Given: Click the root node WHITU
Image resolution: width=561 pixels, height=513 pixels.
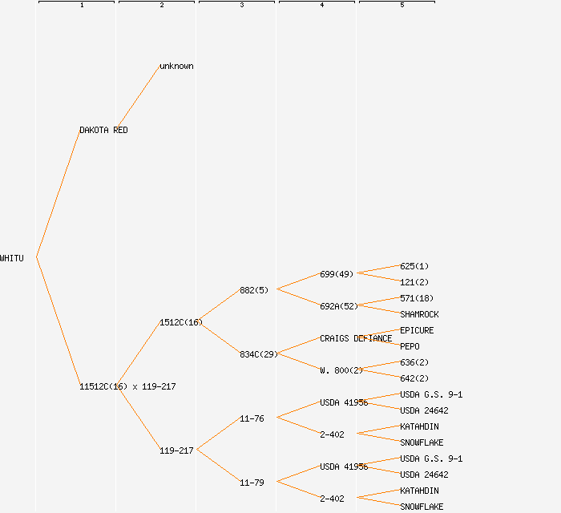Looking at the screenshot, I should (12, 258).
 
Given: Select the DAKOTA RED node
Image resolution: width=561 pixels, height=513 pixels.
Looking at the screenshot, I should (103, 130).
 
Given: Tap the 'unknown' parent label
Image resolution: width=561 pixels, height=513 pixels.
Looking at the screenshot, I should (176, 66).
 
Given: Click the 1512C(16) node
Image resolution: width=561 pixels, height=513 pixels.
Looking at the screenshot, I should (180, 322).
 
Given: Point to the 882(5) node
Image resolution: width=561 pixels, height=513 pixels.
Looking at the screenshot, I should (254, 290).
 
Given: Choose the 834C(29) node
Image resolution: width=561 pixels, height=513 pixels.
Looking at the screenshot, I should (258, 354).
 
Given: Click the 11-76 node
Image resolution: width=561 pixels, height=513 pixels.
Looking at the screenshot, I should (252, 418).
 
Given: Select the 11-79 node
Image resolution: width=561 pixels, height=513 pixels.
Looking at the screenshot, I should (252, 483).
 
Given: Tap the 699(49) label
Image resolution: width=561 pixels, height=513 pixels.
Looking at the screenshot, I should (337, 274).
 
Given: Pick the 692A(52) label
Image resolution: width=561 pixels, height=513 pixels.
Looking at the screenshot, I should (339, 306).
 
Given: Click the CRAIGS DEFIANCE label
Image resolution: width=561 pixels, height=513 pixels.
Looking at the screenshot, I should (356, 338).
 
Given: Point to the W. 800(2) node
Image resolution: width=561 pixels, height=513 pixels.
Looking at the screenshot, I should (341, 370).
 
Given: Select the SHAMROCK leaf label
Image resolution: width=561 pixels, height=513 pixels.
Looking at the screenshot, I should (419, 314).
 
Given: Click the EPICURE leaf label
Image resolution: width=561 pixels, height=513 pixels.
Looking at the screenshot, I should (417, 330).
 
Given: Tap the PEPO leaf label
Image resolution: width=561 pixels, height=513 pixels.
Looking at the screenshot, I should (410, 346).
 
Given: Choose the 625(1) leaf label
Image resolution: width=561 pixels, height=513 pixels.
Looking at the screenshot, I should (414, 266).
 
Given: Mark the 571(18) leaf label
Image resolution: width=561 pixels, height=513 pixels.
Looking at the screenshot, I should (417, 298).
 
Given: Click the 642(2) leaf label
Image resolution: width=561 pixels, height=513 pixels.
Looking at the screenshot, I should (414, 378).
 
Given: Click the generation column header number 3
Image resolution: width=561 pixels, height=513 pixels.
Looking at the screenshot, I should (242, 6).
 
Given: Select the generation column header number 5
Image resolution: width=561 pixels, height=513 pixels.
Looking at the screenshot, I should (402, 6).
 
